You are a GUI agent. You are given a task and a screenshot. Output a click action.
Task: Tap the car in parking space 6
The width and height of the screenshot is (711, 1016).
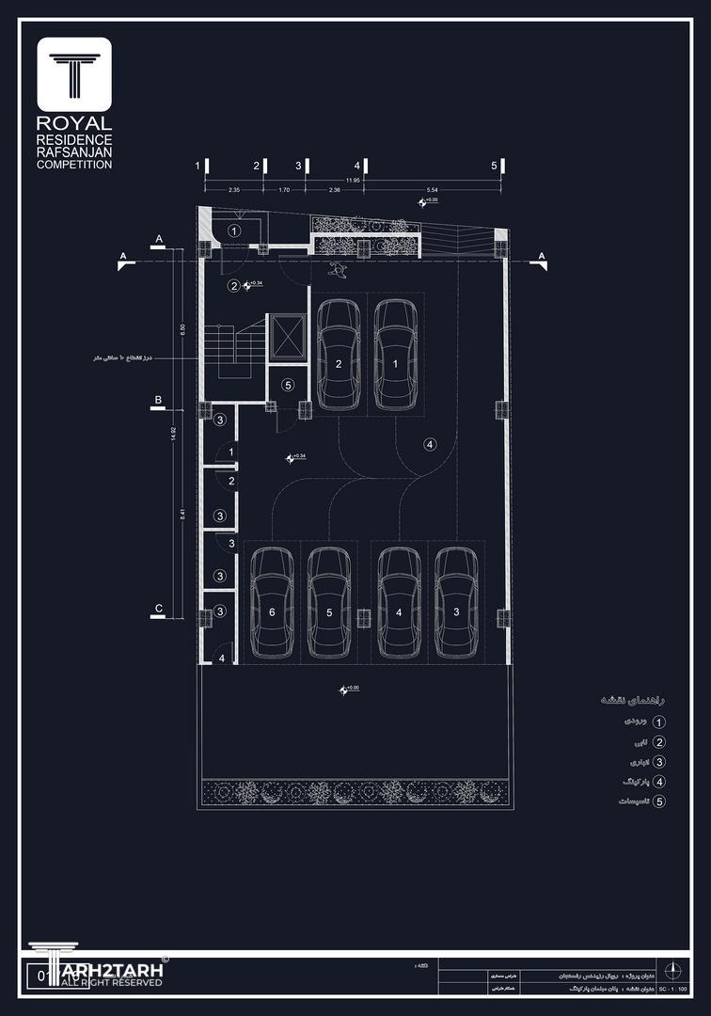point(273,602)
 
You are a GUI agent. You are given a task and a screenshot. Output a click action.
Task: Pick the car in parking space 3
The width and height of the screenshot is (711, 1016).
point(456,602)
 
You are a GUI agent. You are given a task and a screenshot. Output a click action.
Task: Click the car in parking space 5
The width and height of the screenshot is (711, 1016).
point(329,602)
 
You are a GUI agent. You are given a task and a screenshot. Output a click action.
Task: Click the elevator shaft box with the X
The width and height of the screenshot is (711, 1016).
point(287,337)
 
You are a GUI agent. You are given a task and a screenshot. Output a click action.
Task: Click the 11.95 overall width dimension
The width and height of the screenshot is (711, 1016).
point(353,180)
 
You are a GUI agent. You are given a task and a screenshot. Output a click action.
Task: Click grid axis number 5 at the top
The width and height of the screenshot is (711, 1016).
point(494,166)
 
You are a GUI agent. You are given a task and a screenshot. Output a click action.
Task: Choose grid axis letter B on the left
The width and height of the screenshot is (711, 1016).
point(159,401)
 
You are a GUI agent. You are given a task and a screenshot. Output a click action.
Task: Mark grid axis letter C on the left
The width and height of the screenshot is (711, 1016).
point(159,609)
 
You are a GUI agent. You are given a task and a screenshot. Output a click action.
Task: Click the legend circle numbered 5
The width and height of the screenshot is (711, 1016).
point(658,802)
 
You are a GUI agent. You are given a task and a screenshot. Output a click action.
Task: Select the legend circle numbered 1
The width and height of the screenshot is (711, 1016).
point(658,722)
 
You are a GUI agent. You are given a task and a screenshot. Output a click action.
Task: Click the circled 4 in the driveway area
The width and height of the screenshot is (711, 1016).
point(430,444)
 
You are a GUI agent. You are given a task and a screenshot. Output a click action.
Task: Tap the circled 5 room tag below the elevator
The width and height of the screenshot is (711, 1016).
point(288,385)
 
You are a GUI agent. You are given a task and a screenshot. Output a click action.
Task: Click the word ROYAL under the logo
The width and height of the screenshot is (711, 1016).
point(74,123)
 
